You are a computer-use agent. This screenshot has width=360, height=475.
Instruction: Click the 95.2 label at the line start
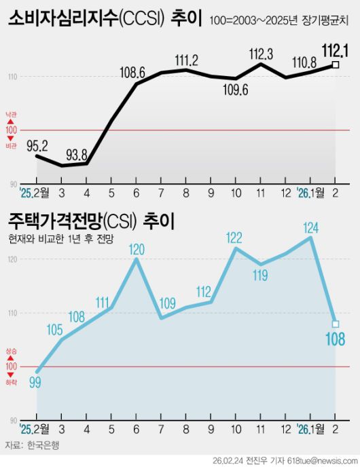[37, 145]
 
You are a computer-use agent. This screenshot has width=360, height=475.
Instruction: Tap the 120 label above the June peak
[137, 248]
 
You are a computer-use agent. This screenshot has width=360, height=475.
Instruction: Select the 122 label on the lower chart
[234, 237]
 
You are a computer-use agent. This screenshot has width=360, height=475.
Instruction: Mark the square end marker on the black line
[335, 65]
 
